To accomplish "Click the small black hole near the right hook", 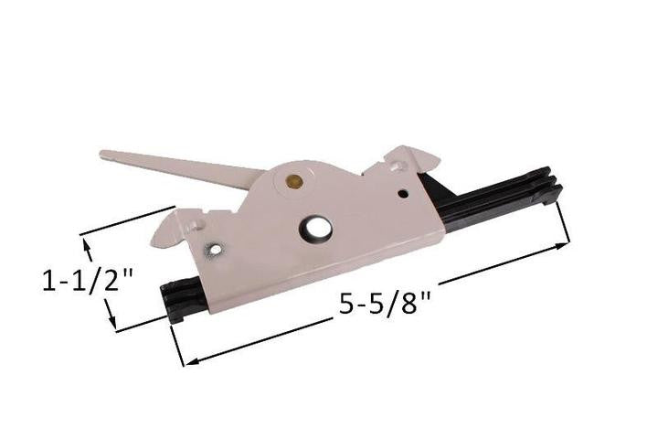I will (x=403, y=193).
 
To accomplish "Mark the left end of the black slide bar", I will (x=170, y=294).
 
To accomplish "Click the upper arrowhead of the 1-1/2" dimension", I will (x=88, y=243).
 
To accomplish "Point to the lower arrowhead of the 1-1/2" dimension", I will (x=112, y=324).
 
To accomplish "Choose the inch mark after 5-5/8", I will (x=426, y=297).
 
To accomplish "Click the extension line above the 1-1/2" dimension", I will (x=128, y=223).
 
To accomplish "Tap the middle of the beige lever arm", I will (x=183, y=167).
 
